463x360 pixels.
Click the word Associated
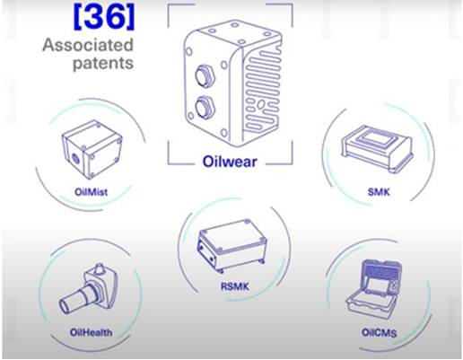tap(88, 45)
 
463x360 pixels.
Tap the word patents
tap(103, 64)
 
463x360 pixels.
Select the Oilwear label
tap(230, 162)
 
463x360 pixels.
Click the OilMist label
tap(92, 192)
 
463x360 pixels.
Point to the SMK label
tap(379, 191)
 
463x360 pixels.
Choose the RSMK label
tap(235, 286)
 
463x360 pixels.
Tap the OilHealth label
tap(92, 332)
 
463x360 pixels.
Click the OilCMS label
tap(380, 333)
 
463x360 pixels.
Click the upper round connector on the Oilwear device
tap(205, 75)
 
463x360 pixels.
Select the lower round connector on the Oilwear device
tap(205, 107)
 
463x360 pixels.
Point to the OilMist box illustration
tap(92, 149)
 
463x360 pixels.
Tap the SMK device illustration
tap(377, 149)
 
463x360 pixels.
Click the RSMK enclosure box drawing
tap(232, 245)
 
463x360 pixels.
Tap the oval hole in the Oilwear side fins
tap(261, 104)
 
